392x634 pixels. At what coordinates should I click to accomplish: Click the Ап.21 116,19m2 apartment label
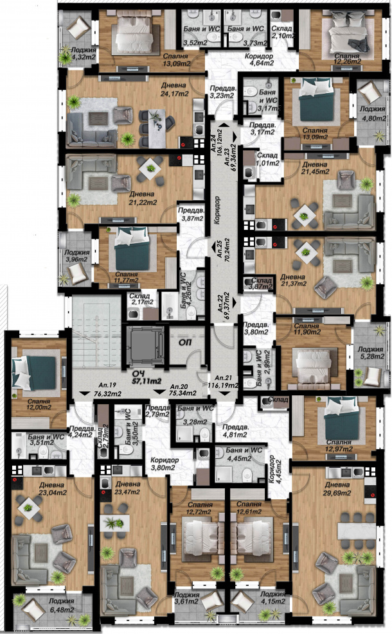pos(223,381)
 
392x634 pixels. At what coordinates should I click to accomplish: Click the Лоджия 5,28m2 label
pos(371,352)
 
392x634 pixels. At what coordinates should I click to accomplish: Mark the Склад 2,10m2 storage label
pos(283,32)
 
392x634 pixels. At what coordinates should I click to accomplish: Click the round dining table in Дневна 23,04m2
pos(29,507)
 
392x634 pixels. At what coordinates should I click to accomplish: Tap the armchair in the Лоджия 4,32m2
pos(79,28)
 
